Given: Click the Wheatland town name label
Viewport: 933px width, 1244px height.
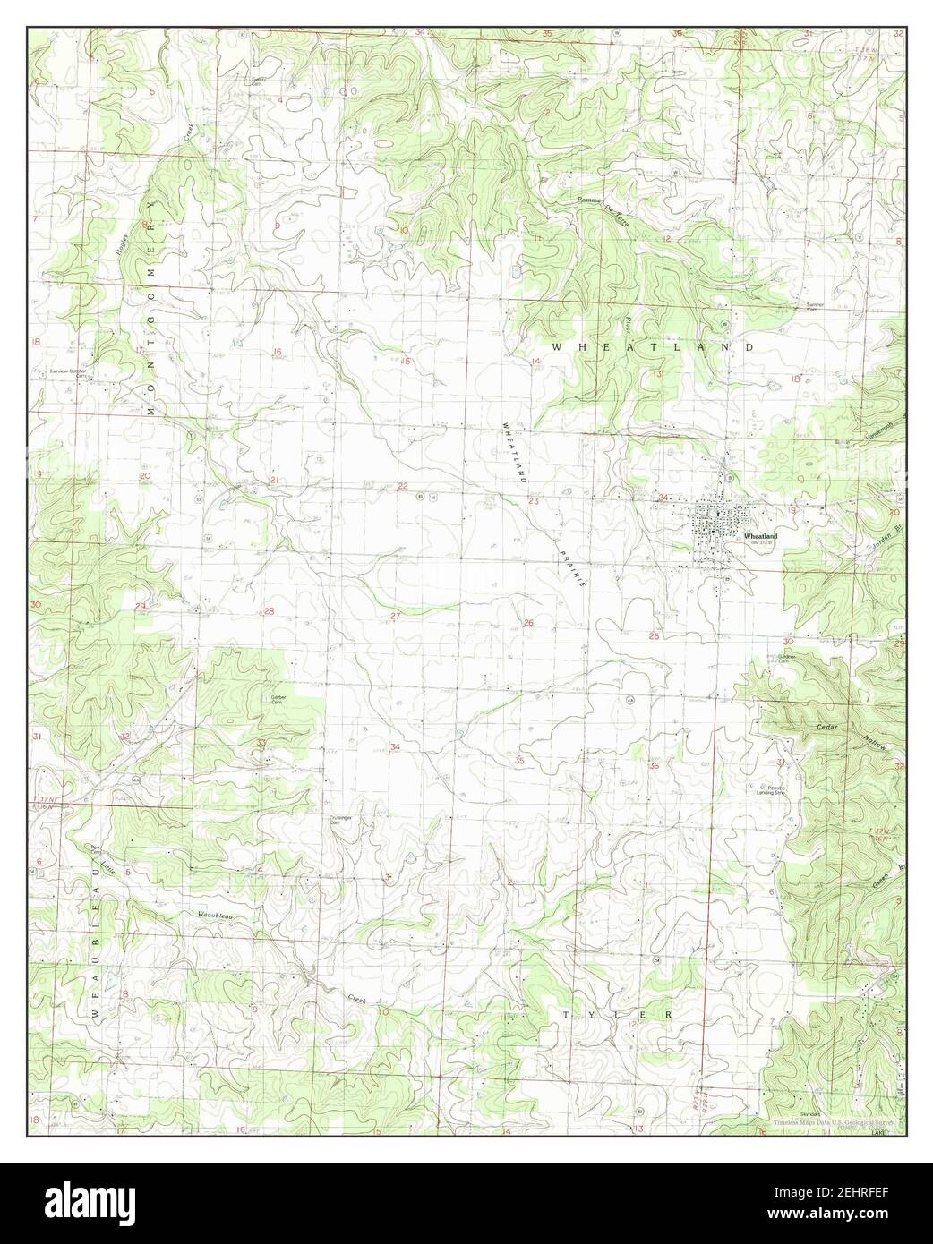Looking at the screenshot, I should point(760,536).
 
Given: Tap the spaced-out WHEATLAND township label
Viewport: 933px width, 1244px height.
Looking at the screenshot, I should point(654,346).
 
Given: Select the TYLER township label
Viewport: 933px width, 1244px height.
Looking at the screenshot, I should point(617,1014).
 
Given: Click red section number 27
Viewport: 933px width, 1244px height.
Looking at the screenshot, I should point(395,616).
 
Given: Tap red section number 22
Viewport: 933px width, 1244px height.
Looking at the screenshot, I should point(402,486).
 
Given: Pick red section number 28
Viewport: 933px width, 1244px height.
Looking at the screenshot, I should point(269,610).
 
